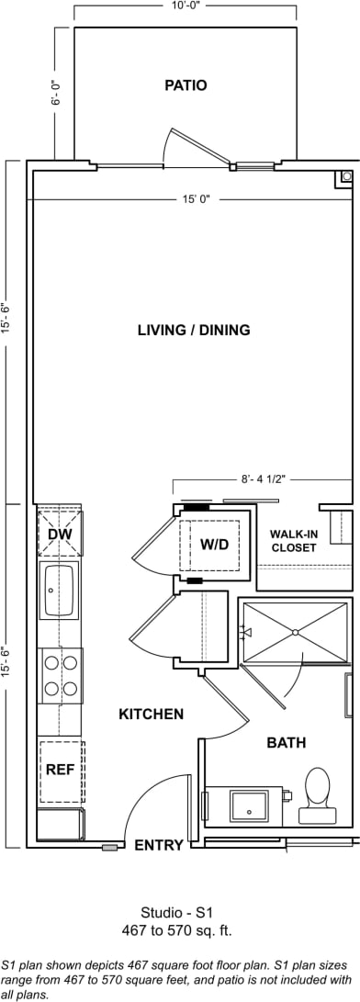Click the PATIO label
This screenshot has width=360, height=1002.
point(186,85)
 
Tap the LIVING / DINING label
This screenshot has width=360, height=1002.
point(194,331)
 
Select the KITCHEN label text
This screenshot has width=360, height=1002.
point(151,714)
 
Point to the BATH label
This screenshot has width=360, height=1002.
point(287,742)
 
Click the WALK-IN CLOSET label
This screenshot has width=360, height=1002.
point(293,541)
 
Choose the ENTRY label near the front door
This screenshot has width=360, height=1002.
point(159,846)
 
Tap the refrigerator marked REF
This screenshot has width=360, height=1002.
point(61,771)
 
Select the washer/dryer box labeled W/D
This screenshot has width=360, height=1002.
point(214,545)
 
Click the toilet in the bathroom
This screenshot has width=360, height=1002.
point(317,789)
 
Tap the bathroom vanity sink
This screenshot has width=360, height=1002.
point(249,805)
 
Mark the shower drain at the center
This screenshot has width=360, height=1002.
point(295,632)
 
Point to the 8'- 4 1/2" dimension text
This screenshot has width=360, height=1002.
point(270,478)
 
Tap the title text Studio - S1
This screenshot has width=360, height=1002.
point(178,913)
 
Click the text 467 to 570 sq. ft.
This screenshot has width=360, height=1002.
point(178,930)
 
